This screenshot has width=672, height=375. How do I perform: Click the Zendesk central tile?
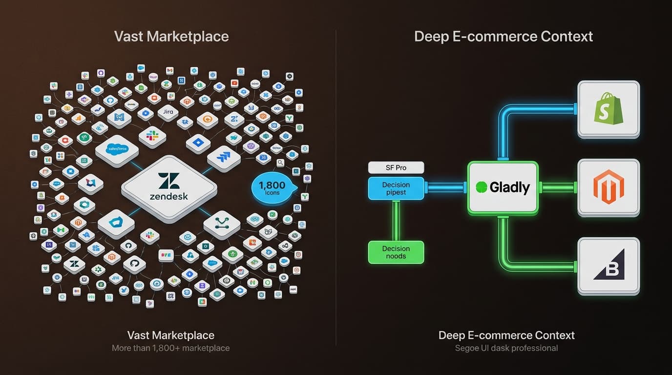pos(169,187)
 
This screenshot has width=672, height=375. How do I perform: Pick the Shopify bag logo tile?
pos(608,109)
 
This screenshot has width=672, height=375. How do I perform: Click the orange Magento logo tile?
pos(608,187)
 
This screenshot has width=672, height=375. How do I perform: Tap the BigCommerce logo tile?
pos(608,266)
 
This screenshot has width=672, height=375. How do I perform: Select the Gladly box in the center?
pos(503,187)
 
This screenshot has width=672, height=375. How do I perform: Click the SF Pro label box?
pos(396,168)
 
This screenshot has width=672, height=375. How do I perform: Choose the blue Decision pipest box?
pos(396,188)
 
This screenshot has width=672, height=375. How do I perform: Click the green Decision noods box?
pos(396,252)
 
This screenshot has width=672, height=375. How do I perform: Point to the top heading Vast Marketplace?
pos(171,37)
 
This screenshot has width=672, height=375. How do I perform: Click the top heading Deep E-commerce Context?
pos(503,37)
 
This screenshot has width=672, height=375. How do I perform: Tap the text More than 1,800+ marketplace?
pos(170,348)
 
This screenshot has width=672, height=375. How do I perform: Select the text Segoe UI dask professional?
pos(506,348)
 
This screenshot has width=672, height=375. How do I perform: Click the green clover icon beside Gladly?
pos(482,187)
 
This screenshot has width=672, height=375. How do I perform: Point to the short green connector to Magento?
pos(558,187)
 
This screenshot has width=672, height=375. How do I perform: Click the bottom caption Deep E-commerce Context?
pos(506,335)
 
